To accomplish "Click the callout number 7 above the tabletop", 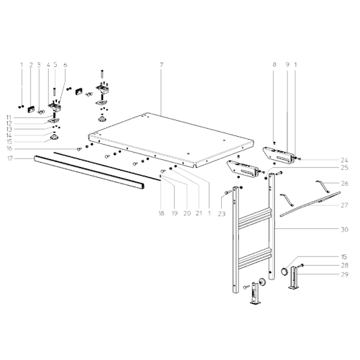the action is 161,65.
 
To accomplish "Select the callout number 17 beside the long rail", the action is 10,158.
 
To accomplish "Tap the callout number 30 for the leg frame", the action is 344,230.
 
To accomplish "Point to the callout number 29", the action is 344,274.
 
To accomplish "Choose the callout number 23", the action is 222,213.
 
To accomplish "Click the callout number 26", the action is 345,184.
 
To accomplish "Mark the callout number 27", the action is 344,205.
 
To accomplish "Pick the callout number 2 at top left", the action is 31,65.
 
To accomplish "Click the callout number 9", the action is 287,64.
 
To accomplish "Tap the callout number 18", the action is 161,213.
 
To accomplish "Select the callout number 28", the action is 344,266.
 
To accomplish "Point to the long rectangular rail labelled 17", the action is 89,172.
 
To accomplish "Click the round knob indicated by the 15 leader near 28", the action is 284,271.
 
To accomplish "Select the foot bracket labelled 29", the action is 294,278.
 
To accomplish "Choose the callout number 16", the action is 9,148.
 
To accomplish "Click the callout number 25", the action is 344,168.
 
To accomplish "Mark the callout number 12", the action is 9,124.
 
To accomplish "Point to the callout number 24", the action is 344,160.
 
